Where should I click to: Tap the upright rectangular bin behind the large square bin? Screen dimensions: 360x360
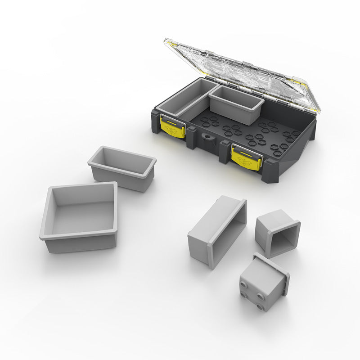point(122,167)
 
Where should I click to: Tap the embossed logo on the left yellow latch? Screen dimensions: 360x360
point(171,130)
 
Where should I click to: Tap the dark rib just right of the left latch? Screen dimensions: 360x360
point(191,137)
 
